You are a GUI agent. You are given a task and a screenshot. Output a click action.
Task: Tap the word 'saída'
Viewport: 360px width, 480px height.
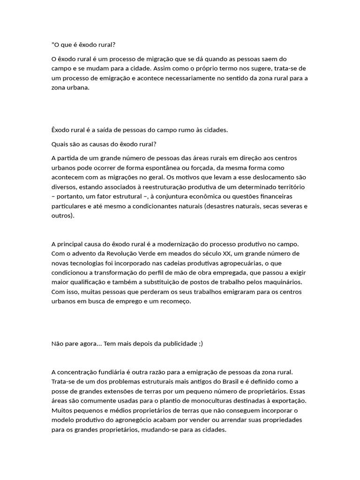click(101, 130)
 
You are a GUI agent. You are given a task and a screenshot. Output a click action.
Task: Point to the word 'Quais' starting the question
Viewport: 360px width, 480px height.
click(59, 143)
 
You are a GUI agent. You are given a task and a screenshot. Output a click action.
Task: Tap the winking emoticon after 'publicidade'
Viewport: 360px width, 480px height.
click(201, 344)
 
